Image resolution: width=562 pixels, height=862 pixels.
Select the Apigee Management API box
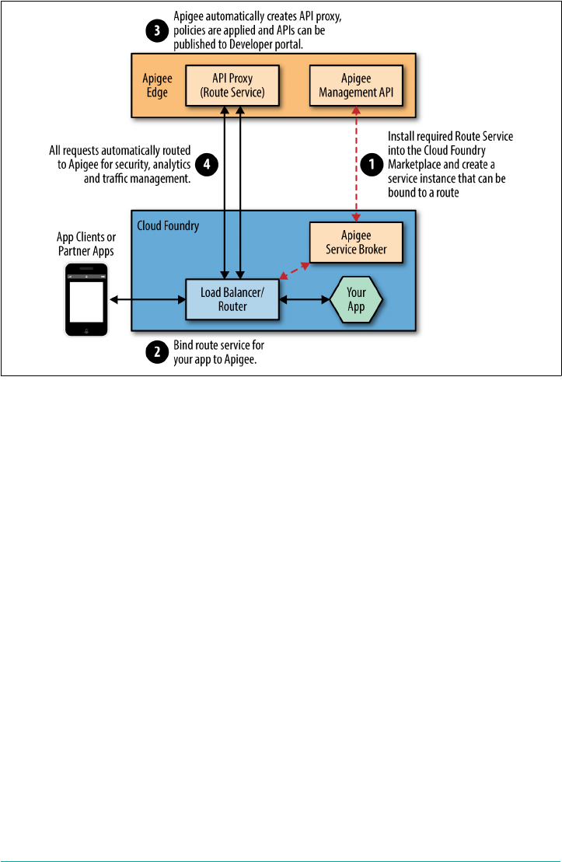coord(356,86)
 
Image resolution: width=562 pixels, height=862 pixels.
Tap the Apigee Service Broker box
coord(356,242)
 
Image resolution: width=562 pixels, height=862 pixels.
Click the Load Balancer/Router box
coord(232,299)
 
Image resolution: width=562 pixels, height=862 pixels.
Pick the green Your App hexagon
coord(356,299)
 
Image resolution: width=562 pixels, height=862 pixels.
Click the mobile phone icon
coord(86,299)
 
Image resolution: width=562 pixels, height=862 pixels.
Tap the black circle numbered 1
coord(371,164)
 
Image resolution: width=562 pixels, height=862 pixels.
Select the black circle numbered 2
coord(157,351)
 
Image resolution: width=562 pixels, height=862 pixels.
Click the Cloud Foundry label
coord(168,226)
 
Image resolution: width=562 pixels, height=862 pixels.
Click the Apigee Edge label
coord(157,86)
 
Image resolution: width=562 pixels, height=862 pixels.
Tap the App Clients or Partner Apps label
coord(86,243)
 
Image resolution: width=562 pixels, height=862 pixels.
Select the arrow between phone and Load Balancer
coord(148,299)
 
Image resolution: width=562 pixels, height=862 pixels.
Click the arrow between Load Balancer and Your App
coord(304,299)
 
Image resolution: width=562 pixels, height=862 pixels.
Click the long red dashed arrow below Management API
coord(357,163)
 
